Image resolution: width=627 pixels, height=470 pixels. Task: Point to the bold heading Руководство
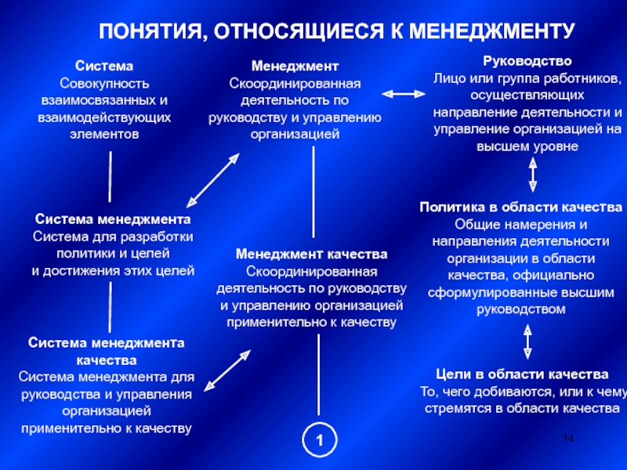(x=527, y=60)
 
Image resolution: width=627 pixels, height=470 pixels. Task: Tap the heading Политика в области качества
(x=520, y=208)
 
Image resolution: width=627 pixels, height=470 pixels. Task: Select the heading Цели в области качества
(x=522, y=373)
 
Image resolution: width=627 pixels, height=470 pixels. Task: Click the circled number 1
(x=319, y=441)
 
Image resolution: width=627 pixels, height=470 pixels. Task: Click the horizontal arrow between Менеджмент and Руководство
(x=401, y=93)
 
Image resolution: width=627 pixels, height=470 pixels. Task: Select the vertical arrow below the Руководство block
(x=533, y=175)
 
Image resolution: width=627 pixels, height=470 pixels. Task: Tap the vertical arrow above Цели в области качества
(x=527, y=341)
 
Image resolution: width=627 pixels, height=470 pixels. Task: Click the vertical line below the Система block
(x=111, y=176)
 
